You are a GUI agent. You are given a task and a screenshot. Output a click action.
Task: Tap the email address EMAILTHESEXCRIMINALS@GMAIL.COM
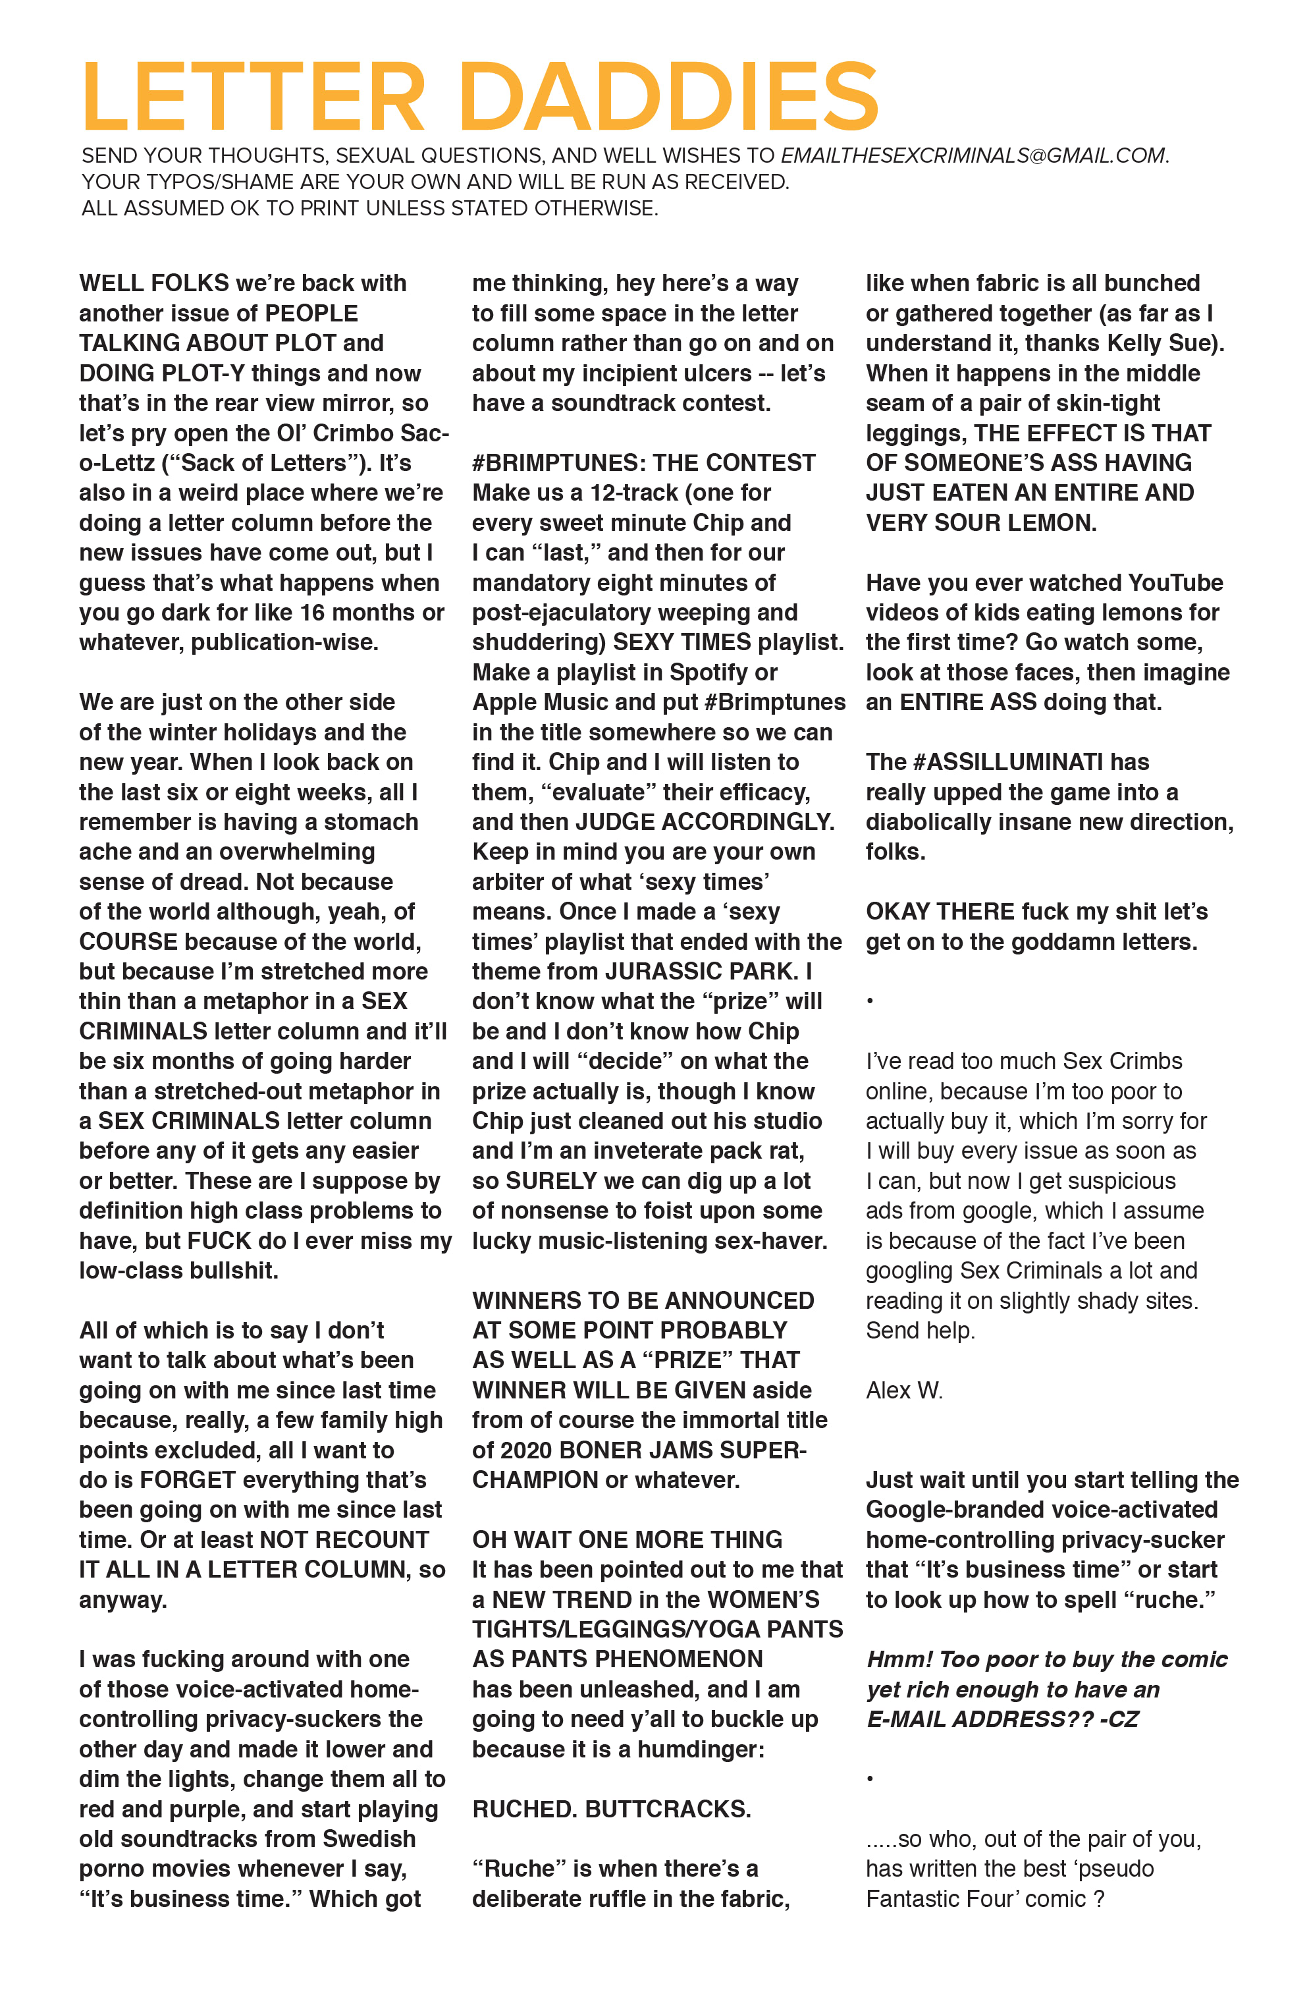973,155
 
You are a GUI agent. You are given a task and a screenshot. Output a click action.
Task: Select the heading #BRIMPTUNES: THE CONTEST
643,462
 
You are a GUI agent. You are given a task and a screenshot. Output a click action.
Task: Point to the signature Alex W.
903,1391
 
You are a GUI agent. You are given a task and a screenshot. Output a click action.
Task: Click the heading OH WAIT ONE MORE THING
627,1539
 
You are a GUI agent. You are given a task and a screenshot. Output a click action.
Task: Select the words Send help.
920,1331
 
